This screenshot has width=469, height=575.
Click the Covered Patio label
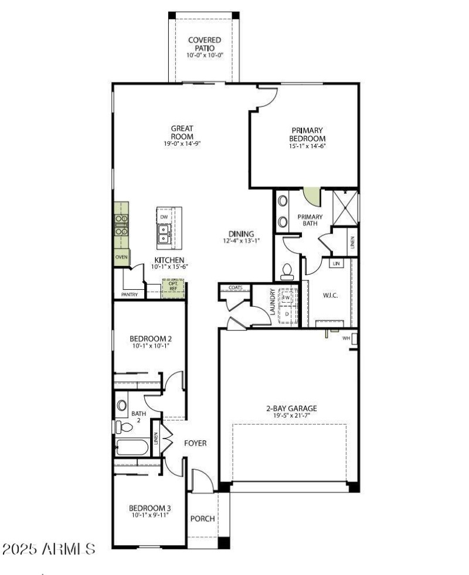pyautogui.click(x=201, y=44)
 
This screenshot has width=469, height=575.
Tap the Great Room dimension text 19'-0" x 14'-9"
pyautogui.click(x=182, y=143)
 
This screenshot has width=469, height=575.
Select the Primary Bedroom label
pyautogui.click(x=307, y=134)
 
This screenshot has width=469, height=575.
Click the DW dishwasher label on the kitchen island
pyautogui.click(x=164, y=217)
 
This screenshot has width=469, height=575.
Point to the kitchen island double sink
pyautogui.click(x=164, y=234)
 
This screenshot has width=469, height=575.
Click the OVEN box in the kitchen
pyautogui.click(x=121, y=257)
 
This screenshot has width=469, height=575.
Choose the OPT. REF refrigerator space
pyautogui.click(x=173, y=287)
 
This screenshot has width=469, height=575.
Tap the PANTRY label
pyautogui.click(x=129, y=295)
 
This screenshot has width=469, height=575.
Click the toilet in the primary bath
pyautogui.click(x=287, y=271)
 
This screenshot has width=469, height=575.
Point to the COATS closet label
pyautogui.click(x=236, y=287)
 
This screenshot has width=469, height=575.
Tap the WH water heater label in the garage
pyautogui.click(x=346, y=338)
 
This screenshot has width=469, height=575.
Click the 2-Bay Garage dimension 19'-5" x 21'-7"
pyautogui.click(x=291, y=415)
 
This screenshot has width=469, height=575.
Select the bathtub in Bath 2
pyautogui.click(x=133, y=448)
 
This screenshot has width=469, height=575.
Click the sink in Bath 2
pyautogui.click(x=122, y=405)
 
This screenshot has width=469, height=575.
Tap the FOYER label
pyautogui.click(x=195, y=443)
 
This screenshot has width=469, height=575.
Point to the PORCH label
pyautogui.click(x=203, y=519)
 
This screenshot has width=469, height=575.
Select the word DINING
pyautogui.click(x=241, y=234)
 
